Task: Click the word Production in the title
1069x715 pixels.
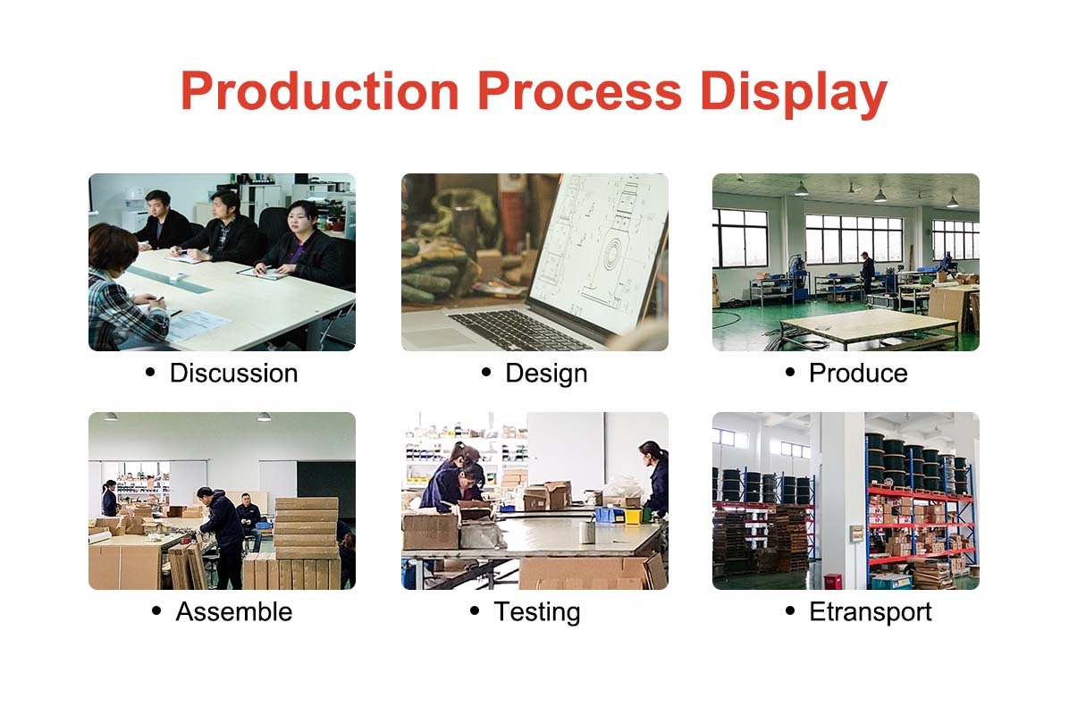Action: coord(320,91)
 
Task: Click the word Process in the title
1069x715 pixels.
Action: coord(579,91)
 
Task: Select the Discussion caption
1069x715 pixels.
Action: coord(233,373)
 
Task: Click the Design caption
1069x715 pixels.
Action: coord(546,374)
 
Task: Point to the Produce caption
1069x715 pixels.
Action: coord(858,373)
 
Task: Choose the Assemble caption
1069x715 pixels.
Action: coord(234,611)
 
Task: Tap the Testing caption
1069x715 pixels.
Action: coord(536,613)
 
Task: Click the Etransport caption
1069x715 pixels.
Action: coord(870,613)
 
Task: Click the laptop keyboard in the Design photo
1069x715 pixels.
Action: coord(518,329)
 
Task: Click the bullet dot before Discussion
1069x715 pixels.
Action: coord(151,372)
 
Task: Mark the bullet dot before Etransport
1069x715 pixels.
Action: coord(790,610)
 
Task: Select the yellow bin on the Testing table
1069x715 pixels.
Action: coord(634,516)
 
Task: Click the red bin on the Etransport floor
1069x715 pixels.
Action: coord(832,582)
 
